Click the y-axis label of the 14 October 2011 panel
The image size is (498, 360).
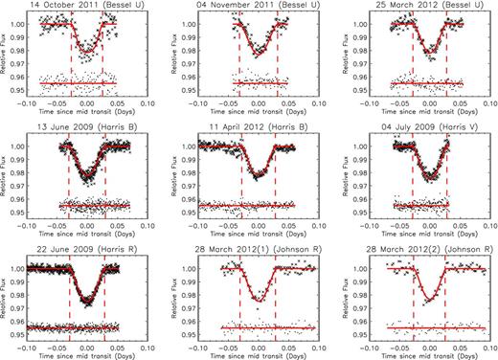click(6, 56)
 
